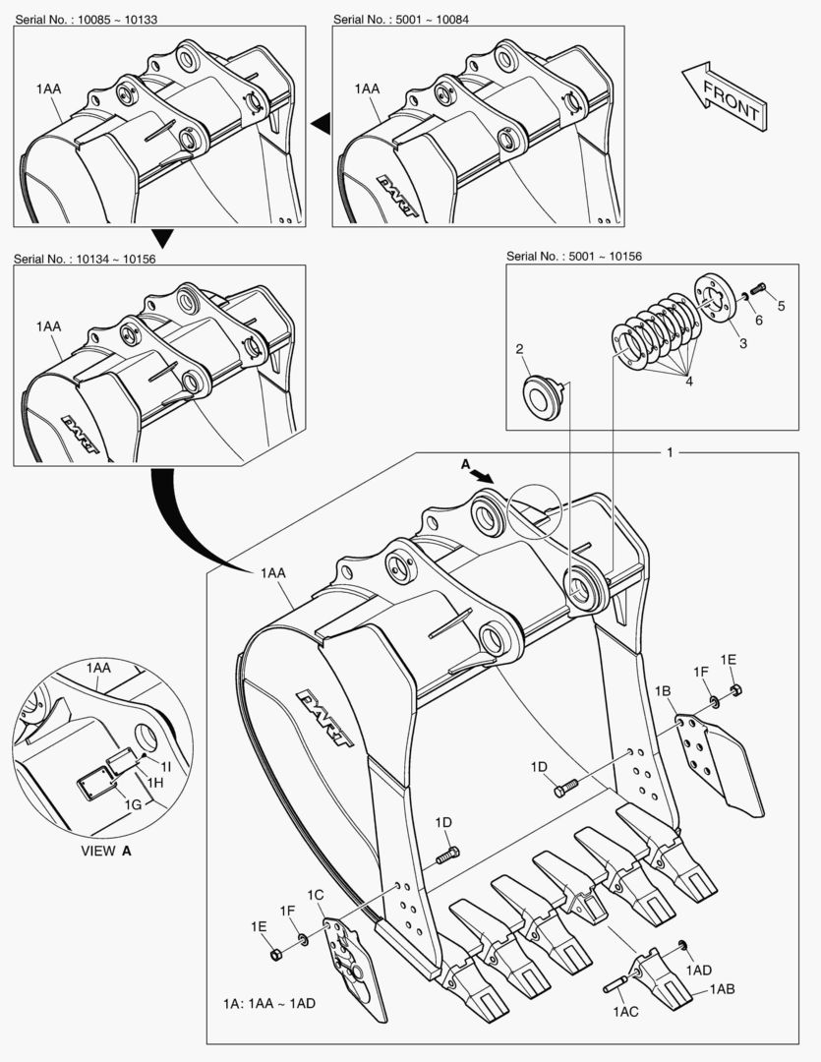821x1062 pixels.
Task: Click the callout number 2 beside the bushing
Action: (520, 348)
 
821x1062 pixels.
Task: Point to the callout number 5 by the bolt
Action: (782, 306)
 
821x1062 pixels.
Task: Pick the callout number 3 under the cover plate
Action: (742, 343)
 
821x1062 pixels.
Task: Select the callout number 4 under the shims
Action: (689, 381)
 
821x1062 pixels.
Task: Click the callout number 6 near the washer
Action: (758, 321)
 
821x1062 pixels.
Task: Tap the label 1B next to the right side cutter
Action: (664, 692)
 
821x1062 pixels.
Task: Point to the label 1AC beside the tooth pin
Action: (626, 1012)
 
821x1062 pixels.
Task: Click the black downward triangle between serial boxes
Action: (163, 238)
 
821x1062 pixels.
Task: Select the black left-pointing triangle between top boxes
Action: (321, 122)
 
